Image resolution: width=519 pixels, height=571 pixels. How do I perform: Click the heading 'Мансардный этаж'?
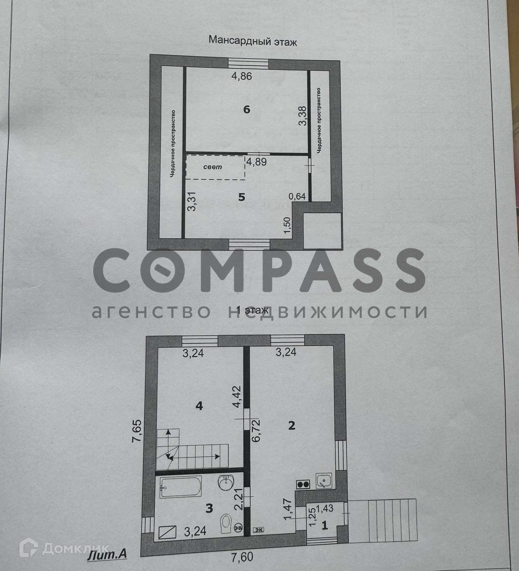pos(253,41)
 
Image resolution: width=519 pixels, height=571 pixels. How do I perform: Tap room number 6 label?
pos(247,109)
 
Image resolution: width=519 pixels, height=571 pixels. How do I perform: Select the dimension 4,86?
pos(242,76)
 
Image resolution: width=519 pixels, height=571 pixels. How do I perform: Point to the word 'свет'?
pos(212,167)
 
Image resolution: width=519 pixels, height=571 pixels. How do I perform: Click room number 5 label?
pos(241,197)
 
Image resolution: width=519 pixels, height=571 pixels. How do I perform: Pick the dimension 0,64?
pos(297,196)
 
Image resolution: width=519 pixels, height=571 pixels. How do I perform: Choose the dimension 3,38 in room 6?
pos(303,116)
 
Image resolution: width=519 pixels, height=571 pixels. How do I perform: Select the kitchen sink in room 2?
pos(324,481)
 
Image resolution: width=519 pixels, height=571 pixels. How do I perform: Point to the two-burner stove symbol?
pos(303,483)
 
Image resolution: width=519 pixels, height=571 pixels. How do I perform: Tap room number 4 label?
pos(199,406)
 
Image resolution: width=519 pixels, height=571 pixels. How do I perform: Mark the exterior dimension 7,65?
pos(137,431)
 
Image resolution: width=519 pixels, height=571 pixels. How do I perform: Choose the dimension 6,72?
pos(256,430)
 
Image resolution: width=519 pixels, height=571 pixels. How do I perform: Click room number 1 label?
pos(324,525)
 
